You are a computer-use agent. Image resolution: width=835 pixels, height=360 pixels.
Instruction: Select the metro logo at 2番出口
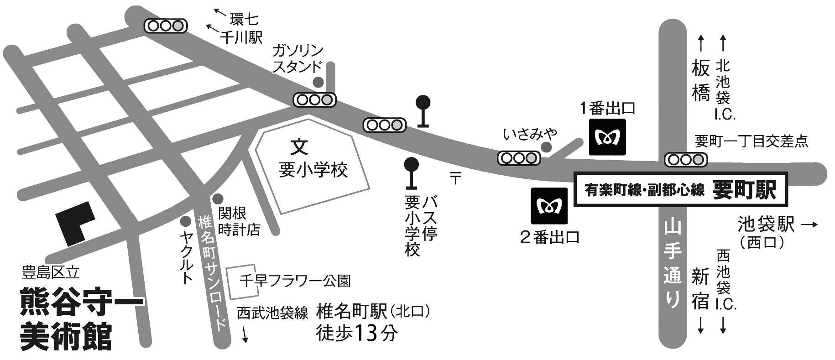point(549,206)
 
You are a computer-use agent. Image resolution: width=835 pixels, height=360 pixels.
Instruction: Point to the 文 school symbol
point(300,146)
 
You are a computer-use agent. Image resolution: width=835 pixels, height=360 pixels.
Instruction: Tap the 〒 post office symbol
point(455,177)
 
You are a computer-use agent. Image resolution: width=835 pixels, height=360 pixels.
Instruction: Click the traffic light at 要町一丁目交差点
point(686,160)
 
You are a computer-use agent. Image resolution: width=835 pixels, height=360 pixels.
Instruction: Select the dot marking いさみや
point(546,147)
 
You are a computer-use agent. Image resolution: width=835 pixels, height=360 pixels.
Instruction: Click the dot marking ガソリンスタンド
point(318,82)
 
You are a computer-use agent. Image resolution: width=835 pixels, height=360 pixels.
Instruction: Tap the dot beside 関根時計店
point(218,199)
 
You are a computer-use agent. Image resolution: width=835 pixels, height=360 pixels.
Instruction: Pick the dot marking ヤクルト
point(185,221)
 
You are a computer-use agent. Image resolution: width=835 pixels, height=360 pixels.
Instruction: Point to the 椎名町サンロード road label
point(212,274)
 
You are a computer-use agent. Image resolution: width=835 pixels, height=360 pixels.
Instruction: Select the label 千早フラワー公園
point(295,281)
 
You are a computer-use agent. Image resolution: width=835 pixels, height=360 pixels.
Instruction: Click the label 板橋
point(701,82)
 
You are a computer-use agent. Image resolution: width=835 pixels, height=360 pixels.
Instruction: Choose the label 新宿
point(700,289)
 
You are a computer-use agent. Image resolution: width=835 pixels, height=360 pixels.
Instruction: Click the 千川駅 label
point(241,38)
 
